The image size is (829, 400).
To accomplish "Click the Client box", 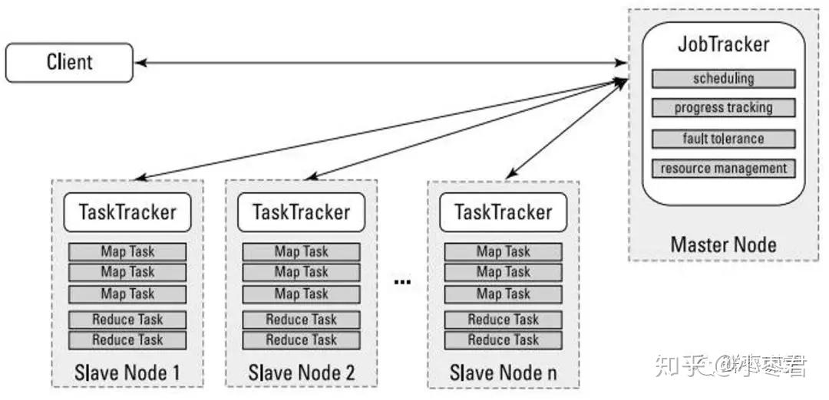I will (x=69, y=62).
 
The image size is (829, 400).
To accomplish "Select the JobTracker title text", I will (x=723, y=44).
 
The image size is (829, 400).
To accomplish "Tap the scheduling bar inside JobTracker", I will (x=723, y=79).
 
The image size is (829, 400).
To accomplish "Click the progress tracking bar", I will (x=723, y=108).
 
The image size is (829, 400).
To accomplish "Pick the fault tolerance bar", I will (x=723, y=139).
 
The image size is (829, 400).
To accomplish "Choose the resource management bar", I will (x=723, y=168).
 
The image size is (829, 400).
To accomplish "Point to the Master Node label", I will (x=723, y=244).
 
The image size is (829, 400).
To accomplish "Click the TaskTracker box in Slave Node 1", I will (x=127, y=212).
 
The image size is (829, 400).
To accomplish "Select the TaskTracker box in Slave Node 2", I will (x=301, y=212).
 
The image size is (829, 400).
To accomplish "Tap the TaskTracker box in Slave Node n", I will (x=503, y=212).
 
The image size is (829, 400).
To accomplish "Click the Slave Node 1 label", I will (x=127, y=373).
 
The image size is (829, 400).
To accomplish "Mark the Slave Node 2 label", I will (x=301, y=373).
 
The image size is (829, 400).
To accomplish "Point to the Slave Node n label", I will (x=503, y=373).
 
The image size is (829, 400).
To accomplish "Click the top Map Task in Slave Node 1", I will (x=127, y=252).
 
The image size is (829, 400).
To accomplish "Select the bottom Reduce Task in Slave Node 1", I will (x=127, y=340).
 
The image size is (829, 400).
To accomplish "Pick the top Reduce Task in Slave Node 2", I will (x=301, y=320).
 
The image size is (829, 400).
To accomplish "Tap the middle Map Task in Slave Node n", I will (x=503, y=272).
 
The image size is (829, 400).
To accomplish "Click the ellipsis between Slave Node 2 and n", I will (x=402, y=283).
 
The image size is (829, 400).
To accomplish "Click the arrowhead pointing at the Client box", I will (x=140, y=63).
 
